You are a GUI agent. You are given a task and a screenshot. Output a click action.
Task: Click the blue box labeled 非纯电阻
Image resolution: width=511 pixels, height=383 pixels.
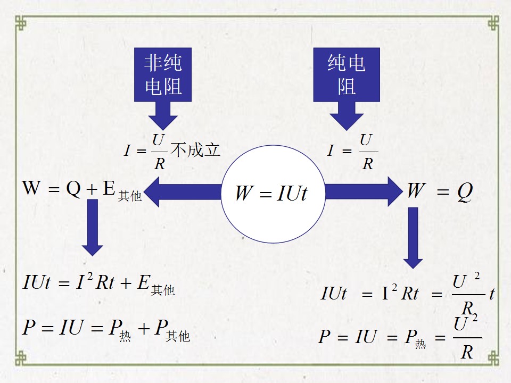pyautogui.click(x=163, y=74)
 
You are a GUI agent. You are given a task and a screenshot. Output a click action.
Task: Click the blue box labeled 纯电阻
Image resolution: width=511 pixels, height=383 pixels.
pyautogui.click(x=347, y=74)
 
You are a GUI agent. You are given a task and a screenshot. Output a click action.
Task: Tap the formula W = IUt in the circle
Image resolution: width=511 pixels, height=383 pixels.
pyautogui.click(x=271, y=193)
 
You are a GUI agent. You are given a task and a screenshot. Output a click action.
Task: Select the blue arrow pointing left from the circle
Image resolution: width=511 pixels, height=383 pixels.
pyautogui.click(x=183, y=192)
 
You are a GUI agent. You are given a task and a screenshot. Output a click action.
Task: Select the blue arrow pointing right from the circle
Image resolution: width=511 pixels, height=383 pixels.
pyautogui.click(x=364, y=191)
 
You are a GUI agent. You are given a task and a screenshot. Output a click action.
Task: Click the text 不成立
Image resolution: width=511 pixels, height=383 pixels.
pyautogui.click(x=195, y=150)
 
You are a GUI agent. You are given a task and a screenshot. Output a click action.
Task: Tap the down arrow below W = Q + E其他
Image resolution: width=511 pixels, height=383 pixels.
pyautogui.click(x=93, y=227)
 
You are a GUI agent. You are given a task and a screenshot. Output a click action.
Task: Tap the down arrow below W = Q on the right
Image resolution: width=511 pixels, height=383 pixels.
pyautogui.click(x=413, y=238)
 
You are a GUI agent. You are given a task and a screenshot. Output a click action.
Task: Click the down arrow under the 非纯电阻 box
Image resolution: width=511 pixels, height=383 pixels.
pyautogui.click(x=163, y=116)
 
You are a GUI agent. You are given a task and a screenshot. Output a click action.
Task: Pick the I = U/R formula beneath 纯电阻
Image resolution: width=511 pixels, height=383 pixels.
pyautogui.click(x=352, y=152)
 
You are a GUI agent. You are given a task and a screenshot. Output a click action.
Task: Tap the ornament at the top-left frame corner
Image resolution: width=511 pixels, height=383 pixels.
pyautogui.click(x=21, y=23)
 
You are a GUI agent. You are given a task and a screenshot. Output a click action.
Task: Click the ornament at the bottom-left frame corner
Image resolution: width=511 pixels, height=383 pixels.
pyautogui.click(x=21, y=358)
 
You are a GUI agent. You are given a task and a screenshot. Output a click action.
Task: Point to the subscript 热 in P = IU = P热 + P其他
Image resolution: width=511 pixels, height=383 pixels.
pyautogui.click(x=125, y=336)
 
